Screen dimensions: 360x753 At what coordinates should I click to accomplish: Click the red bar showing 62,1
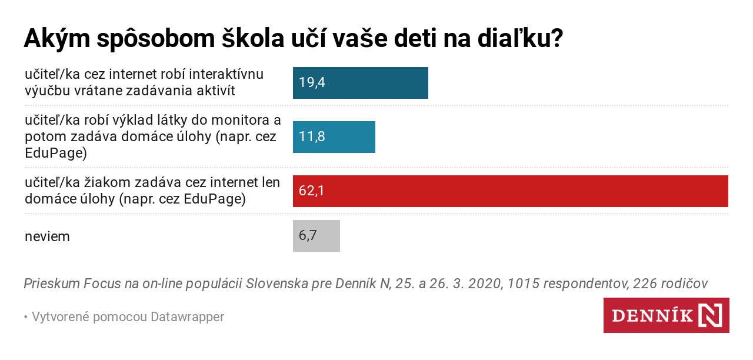[x=511, y=191]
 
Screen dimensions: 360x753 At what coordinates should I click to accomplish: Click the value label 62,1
[x=312, y=191]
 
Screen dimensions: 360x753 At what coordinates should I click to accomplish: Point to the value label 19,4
[x=312, y=83]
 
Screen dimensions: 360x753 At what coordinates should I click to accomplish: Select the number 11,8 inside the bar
[x=312, y=137]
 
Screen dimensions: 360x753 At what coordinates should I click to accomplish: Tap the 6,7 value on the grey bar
[x=308, y=236]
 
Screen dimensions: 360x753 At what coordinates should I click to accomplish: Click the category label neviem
[x=47, y=236]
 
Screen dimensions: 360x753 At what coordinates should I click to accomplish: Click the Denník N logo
[x=666, y=315]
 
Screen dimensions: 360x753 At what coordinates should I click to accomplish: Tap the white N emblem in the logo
[x=710, y=315]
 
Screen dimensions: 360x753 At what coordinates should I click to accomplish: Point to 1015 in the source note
[x=522, y=284]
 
